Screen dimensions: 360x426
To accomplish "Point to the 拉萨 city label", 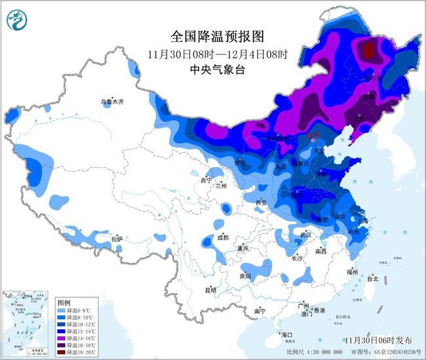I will coord(117,239).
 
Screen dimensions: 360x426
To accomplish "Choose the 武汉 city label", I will coord(305,235).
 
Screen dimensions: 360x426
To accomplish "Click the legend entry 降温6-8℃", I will coord(79,311).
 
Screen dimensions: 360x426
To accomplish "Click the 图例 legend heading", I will coord(64,303).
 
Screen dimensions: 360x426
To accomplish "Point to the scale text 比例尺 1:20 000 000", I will coord(314,352).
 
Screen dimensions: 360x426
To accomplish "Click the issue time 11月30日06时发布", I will coord(379,340).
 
